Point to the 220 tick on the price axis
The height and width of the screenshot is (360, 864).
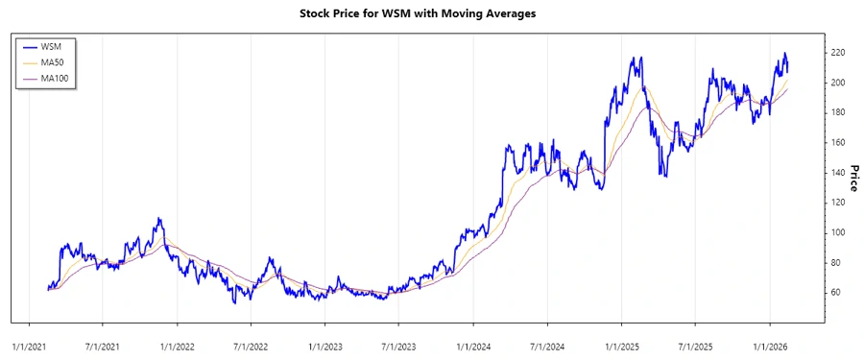point(838,53)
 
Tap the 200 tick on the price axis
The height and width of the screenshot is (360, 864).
point(838,83)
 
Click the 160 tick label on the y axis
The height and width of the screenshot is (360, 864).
point(838,142)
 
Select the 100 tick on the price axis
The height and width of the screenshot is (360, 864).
point(838,232)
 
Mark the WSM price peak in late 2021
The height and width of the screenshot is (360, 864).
point(159,219)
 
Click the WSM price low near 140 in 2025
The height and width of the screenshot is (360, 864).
point(662,174)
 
